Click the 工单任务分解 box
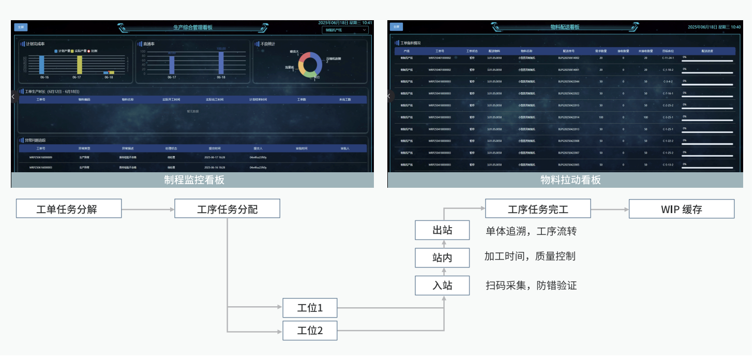click(69, 209)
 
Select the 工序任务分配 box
click(227, 209)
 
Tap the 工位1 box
click(310, 308)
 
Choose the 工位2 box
click(310, 331)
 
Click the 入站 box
click(442, 285)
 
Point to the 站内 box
click(442, 257)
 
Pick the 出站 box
click(442, 230)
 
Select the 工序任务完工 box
click(538, 209)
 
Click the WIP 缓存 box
click(682, 209)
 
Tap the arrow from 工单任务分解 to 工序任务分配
click(148, 209)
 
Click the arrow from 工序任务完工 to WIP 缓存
click(610, 209)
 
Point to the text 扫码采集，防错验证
click(531, 285)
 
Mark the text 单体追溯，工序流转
click(531, 231)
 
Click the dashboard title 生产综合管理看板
click(193, 27)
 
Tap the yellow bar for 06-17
click(80, 65)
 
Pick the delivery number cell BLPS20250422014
click(569, 117)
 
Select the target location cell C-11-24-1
click(668, 58)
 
